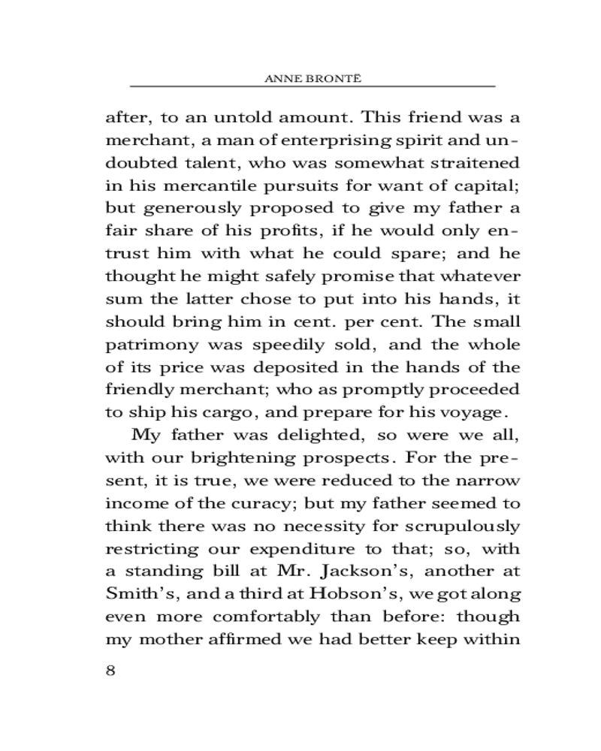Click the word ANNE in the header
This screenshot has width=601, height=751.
tap(282, 78)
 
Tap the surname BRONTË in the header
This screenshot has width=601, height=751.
tap(325, 78)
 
